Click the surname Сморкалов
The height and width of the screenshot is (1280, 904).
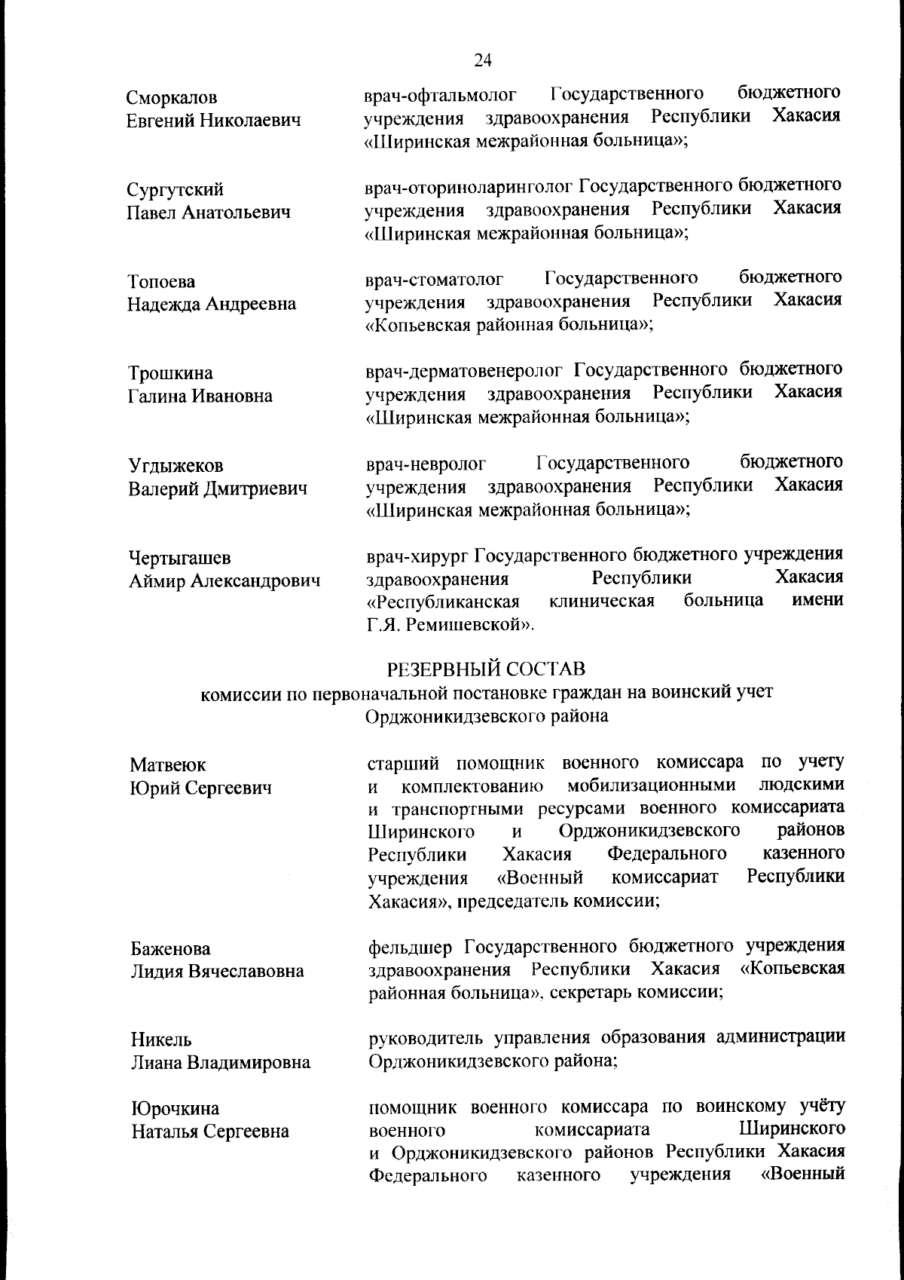172,98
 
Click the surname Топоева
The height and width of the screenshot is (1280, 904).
162,282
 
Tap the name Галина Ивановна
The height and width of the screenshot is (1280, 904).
200,397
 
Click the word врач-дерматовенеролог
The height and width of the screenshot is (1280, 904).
464,371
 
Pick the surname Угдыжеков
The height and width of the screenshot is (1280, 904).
176,467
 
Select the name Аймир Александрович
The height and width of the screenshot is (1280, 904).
224,581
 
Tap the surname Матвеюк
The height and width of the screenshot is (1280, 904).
167,765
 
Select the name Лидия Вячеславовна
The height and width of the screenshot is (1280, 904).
218,971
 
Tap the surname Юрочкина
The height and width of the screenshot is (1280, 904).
176,1109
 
